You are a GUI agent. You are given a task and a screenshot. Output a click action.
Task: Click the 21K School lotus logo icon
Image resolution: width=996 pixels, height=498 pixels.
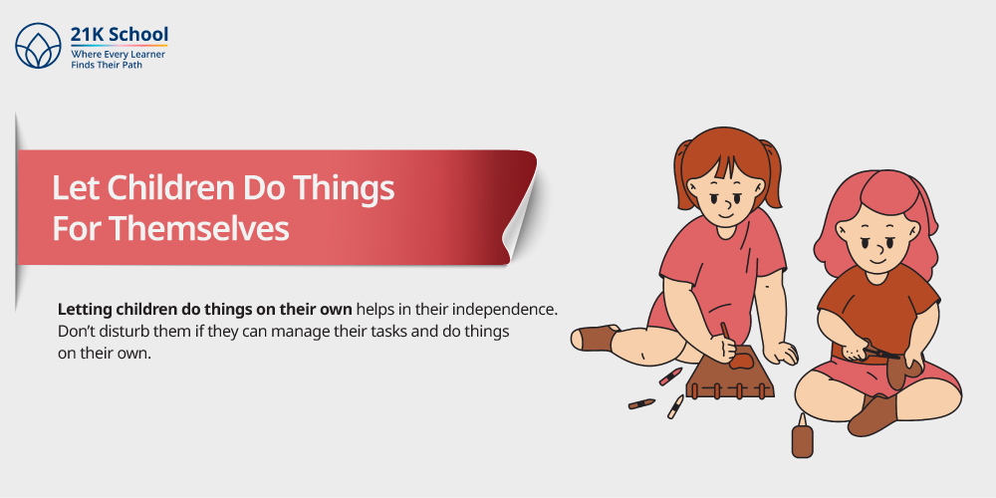38,46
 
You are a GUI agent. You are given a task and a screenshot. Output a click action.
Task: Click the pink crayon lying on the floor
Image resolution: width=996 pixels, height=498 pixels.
670,376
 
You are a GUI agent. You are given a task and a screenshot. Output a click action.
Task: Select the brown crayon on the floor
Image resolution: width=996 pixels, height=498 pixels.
641,404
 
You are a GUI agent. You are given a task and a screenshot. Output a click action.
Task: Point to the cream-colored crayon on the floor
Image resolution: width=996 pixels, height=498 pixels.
675,406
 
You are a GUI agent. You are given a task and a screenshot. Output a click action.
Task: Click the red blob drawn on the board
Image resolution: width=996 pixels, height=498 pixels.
741,363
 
